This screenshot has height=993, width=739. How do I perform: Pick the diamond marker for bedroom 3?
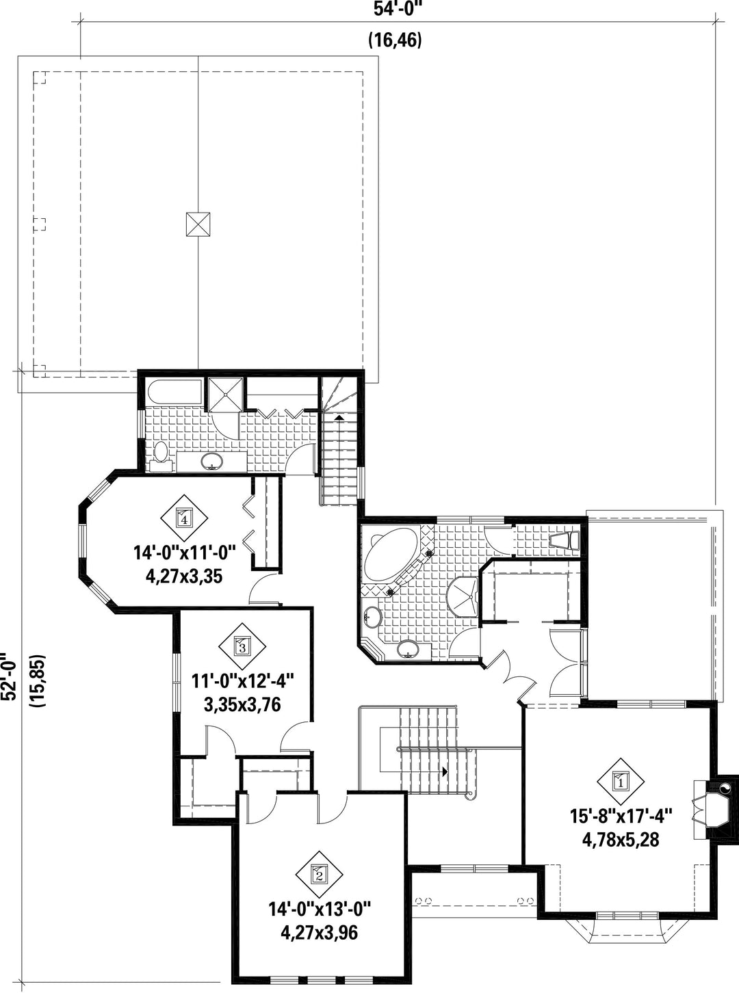[242, 646]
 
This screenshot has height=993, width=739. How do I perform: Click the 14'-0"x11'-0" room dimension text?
[185, 554]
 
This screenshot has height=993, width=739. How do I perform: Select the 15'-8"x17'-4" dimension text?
[621, 817]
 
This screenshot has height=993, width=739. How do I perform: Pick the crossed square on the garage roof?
[198, 224]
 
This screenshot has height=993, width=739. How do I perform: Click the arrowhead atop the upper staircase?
[339, 417]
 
